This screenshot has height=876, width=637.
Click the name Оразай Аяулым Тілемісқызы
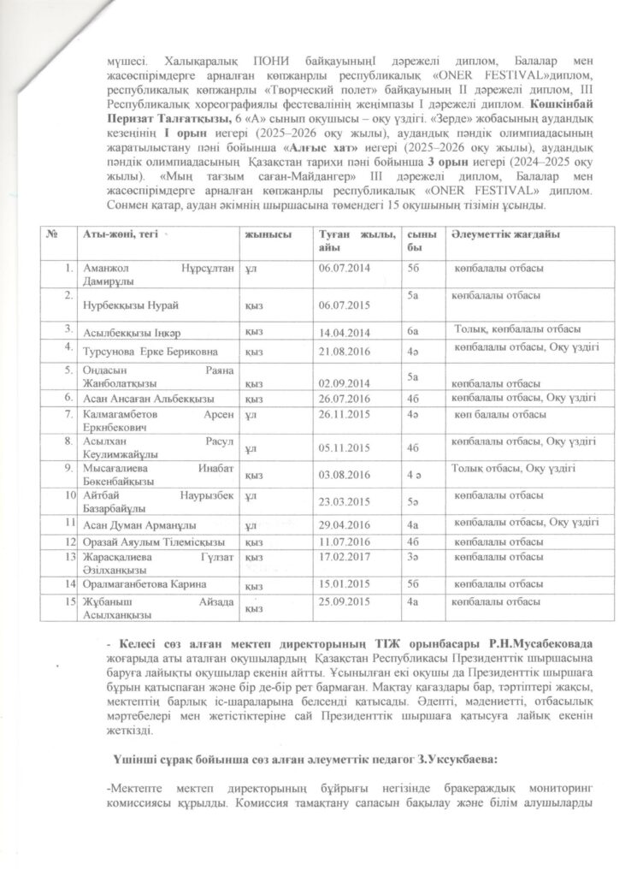click(146, 542)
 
